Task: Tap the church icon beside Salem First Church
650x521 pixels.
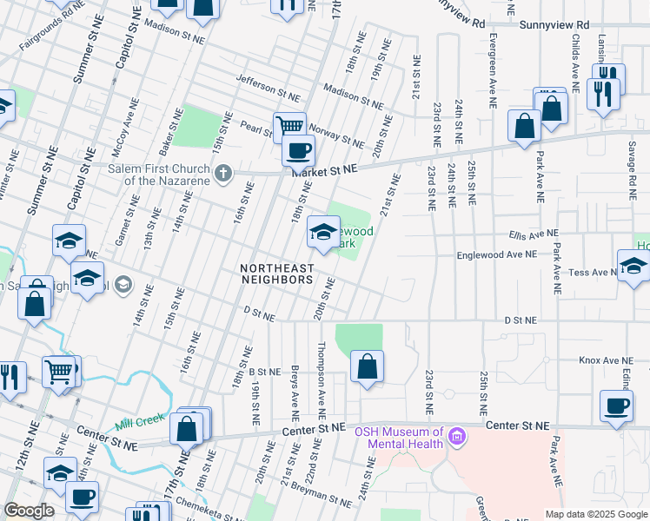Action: click(223, 174)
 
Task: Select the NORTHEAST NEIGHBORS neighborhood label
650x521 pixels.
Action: click(276, 274)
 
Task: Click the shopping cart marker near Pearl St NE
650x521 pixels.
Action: click(290, 127)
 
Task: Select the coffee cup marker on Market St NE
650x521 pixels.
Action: click(298, 151)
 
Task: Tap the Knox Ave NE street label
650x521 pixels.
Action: click(604, 359)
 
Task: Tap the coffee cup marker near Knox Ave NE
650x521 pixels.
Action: click(616, 406)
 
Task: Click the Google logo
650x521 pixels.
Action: click(29, 511)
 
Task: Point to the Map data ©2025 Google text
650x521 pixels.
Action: click(596, 514)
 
